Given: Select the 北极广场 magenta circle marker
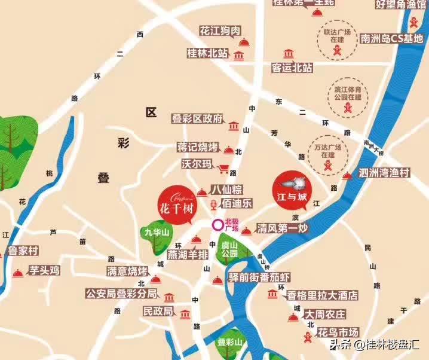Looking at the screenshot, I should tap(217, 225).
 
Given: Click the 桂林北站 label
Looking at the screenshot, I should tap(207, 53).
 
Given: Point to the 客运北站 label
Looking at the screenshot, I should tap(292, 68).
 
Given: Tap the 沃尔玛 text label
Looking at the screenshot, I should tap(197, 163).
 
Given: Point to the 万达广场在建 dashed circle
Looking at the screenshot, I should tap(327, 151).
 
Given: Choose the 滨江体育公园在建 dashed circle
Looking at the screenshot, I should tap(347, 96).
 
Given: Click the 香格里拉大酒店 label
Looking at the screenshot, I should tap(321, 295).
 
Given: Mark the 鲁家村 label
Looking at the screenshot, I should tap(23, 251).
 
